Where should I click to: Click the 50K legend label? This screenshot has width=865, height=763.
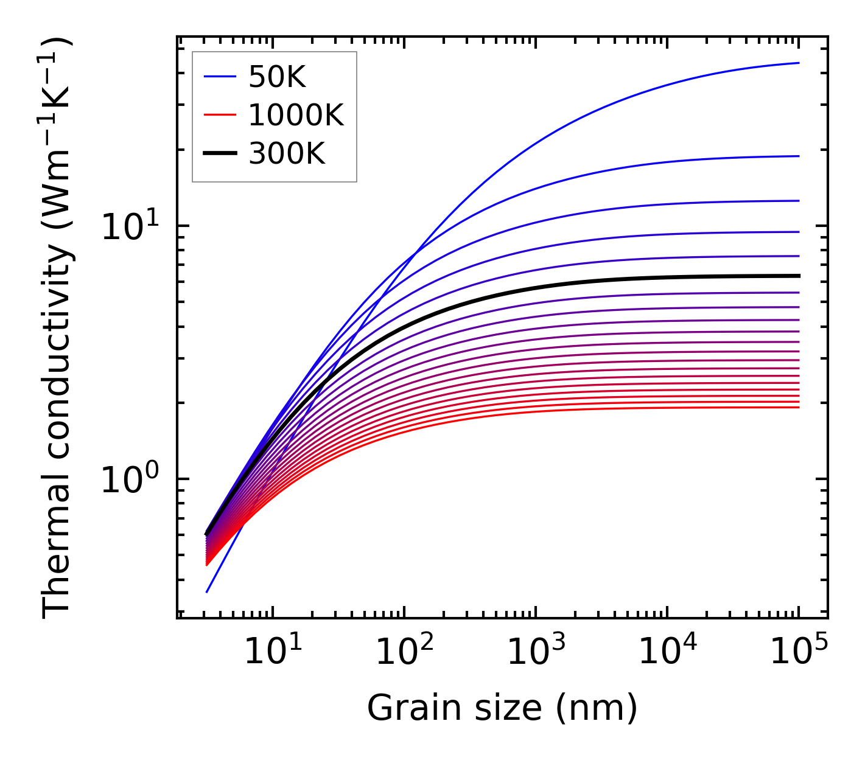point(277,77)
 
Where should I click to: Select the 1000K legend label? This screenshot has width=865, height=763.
point(296,115)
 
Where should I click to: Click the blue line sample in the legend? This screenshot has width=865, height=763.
point(219,77)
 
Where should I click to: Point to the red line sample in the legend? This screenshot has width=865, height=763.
point(219,115)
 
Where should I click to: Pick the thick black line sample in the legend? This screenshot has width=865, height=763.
point(219,154)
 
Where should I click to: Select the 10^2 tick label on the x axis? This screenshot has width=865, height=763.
point(404,652)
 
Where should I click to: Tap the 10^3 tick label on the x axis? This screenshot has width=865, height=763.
point(536,652)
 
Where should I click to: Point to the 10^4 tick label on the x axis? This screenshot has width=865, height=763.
point(667,652)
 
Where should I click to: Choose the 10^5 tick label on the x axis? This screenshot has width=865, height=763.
point(799,652)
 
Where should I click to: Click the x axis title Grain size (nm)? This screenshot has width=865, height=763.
point(502,708)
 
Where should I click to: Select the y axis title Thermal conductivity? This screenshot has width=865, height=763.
point(58,329)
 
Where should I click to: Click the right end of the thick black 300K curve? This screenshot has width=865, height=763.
point(798,276)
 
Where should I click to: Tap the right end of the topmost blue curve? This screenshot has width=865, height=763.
point(798,63)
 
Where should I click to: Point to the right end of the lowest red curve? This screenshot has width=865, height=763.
point(798,407)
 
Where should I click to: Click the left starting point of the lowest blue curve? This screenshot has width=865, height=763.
point(207,592)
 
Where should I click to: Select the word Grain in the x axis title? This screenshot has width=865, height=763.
point(405,708)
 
